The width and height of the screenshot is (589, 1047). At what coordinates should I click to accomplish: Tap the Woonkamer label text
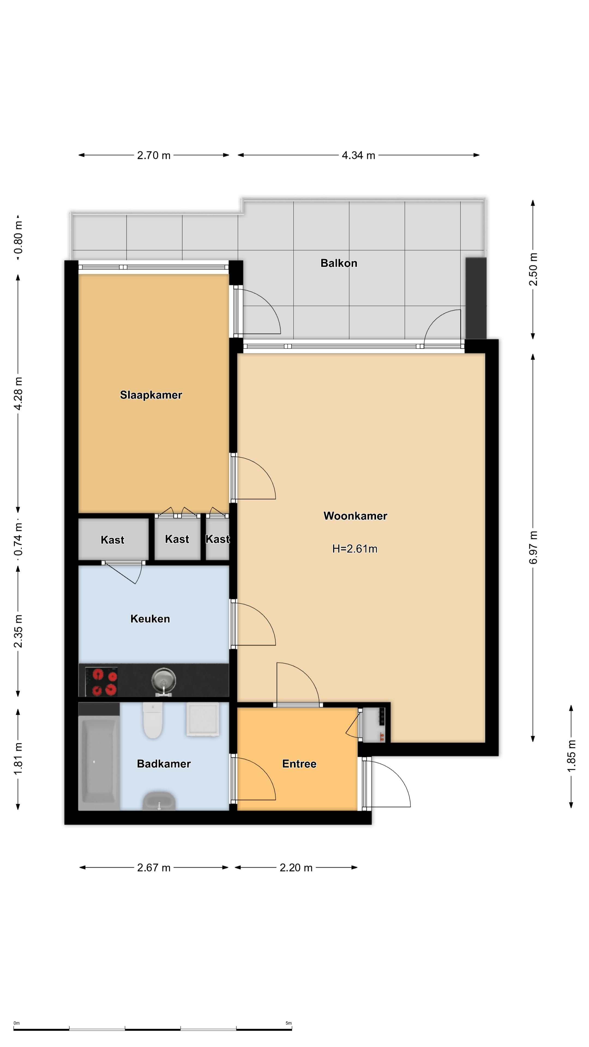click(x=355, y=516)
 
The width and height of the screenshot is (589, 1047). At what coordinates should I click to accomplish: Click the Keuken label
click(x=150, y=619)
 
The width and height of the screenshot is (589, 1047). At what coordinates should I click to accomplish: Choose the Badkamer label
click(x=164, y=764)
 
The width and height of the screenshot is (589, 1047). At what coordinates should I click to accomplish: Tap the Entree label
click(x=299, y=764)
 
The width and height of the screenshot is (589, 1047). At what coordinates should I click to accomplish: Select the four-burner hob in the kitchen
click(x=102, y=682)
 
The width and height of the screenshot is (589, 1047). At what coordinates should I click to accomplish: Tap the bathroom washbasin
click(x=159, y=801)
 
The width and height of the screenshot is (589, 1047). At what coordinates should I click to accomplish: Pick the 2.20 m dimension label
click(x=296, y=868)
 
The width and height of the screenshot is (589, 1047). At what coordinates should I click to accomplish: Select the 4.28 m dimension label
click(x=18, y=393)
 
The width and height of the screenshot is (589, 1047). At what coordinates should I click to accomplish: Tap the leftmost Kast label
click(x=113, y=540)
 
